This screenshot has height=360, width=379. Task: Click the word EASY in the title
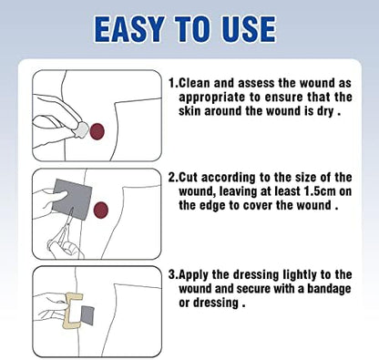129,29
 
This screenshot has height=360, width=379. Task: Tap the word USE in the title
249,29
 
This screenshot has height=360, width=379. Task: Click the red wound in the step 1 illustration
97,132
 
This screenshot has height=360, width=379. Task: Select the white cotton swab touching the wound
81,129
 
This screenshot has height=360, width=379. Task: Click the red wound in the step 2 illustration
101,210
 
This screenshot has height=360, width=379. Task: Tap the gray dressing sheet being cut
72,199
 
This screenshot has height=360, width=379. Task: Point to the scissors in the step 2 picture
62,231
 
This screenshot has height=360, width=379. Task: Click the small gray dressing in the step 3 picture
87,315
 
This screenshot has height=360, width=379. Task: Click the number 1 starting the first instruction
172,83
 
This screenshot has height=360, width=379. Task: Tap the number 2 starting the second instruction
172,178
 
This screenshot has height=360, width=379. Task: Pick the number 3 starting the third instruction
172,274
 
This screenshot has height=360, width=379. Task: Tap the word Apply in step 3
193,275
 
